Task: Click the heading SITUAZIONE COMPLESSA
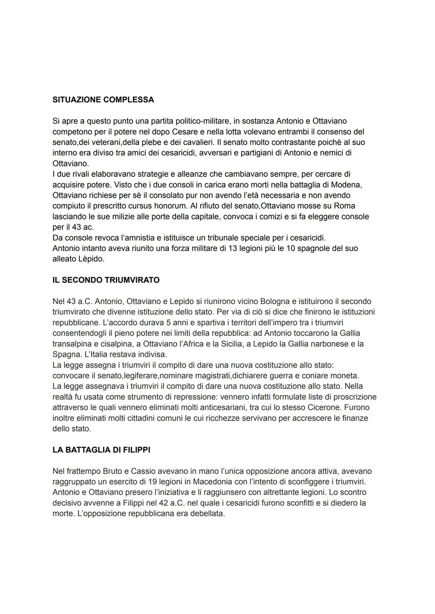(x=103, y=100)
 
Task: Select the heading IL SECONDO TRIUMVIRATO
(x=106, y=280)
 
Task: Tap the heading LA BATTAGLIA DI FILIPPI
(x=101, y=450)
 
